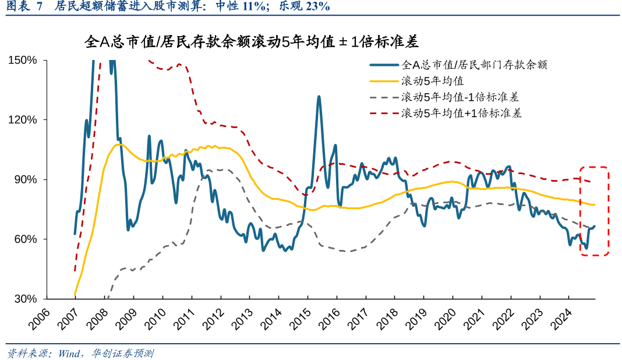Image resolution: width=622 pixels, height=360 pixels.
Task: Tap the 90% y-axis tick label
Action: (26, 179)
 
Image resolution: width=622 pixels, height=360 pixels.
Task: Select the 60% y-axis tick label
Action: (26, 239)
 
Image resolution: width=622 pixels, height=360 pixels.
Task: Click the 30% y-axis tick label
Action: (26, 299)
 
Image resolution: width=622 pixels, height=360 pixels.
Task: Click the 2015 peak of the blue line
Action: (319, 97)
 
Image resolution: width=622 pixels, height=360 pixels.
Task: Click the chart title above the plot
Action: (252, 42)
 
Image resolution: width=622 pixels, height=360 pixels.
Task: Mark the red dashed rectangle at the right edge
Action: (594, 211)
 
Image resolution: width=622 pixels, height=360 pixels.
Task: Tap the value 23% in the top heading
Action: (316, 7)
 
